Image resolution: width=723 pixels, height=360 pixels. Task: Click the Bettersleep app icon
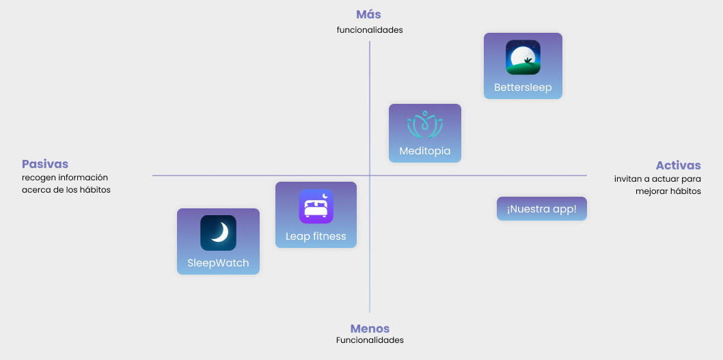click(523, 57)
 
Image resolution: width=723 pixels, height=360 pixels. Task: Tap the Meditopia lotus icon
click(425, 125)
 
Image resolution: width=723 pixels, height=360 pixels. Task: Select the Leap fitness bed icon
click(316, 206)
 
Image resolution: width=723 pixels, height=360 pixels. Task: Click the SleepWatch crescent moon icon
click(218, 233)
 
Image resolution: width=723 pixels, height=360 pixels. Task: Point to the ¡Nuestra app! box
click(542, 208)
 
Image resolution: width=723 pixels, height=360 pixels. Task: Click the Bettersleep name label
click(523, 87)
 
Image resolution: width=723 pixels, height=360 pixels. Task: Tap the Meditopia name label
click(425, 151)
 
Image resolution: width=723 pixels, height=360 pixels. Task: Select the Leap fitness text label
click(316, 236)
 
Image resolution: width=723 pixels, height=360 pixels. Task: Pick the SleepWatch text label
click(218, 263)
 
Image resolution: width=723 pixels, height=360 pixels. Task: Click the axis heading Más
click(369, 14)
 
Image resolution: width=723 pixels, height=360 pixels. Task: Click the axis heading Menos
click(370, 329)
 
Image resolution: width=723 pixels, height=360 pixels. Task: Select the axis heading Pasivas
click(45, 164)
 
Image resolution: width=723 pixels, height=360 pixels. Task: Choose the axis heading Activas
click(678, 165)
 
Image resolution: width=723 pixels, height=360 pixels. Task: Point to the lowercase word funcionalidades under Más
click(370, 30)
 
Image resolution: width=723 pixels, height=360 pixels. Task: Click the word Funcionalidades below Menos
click(370, 340)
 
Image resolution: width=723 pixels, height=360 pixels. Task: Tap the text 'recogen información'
click(65, 178)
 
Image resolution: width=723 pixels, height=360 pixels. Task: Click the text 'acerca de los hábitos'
click(66, 190)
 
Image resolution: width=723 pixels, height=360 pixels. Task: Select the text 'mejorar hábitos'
click(672, 191)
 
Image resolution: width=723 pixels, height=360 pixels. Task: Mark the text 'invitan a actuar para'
click(657, 179)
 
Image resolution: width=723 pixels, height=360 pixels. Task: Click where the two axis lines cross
click(370, 176)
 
